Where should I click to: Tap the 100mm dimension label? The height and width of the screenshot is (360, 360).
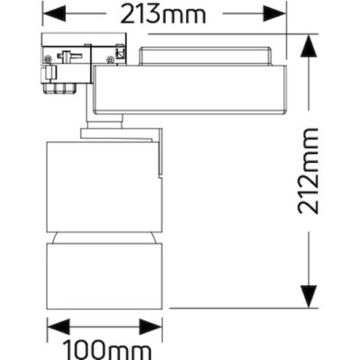106,346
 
